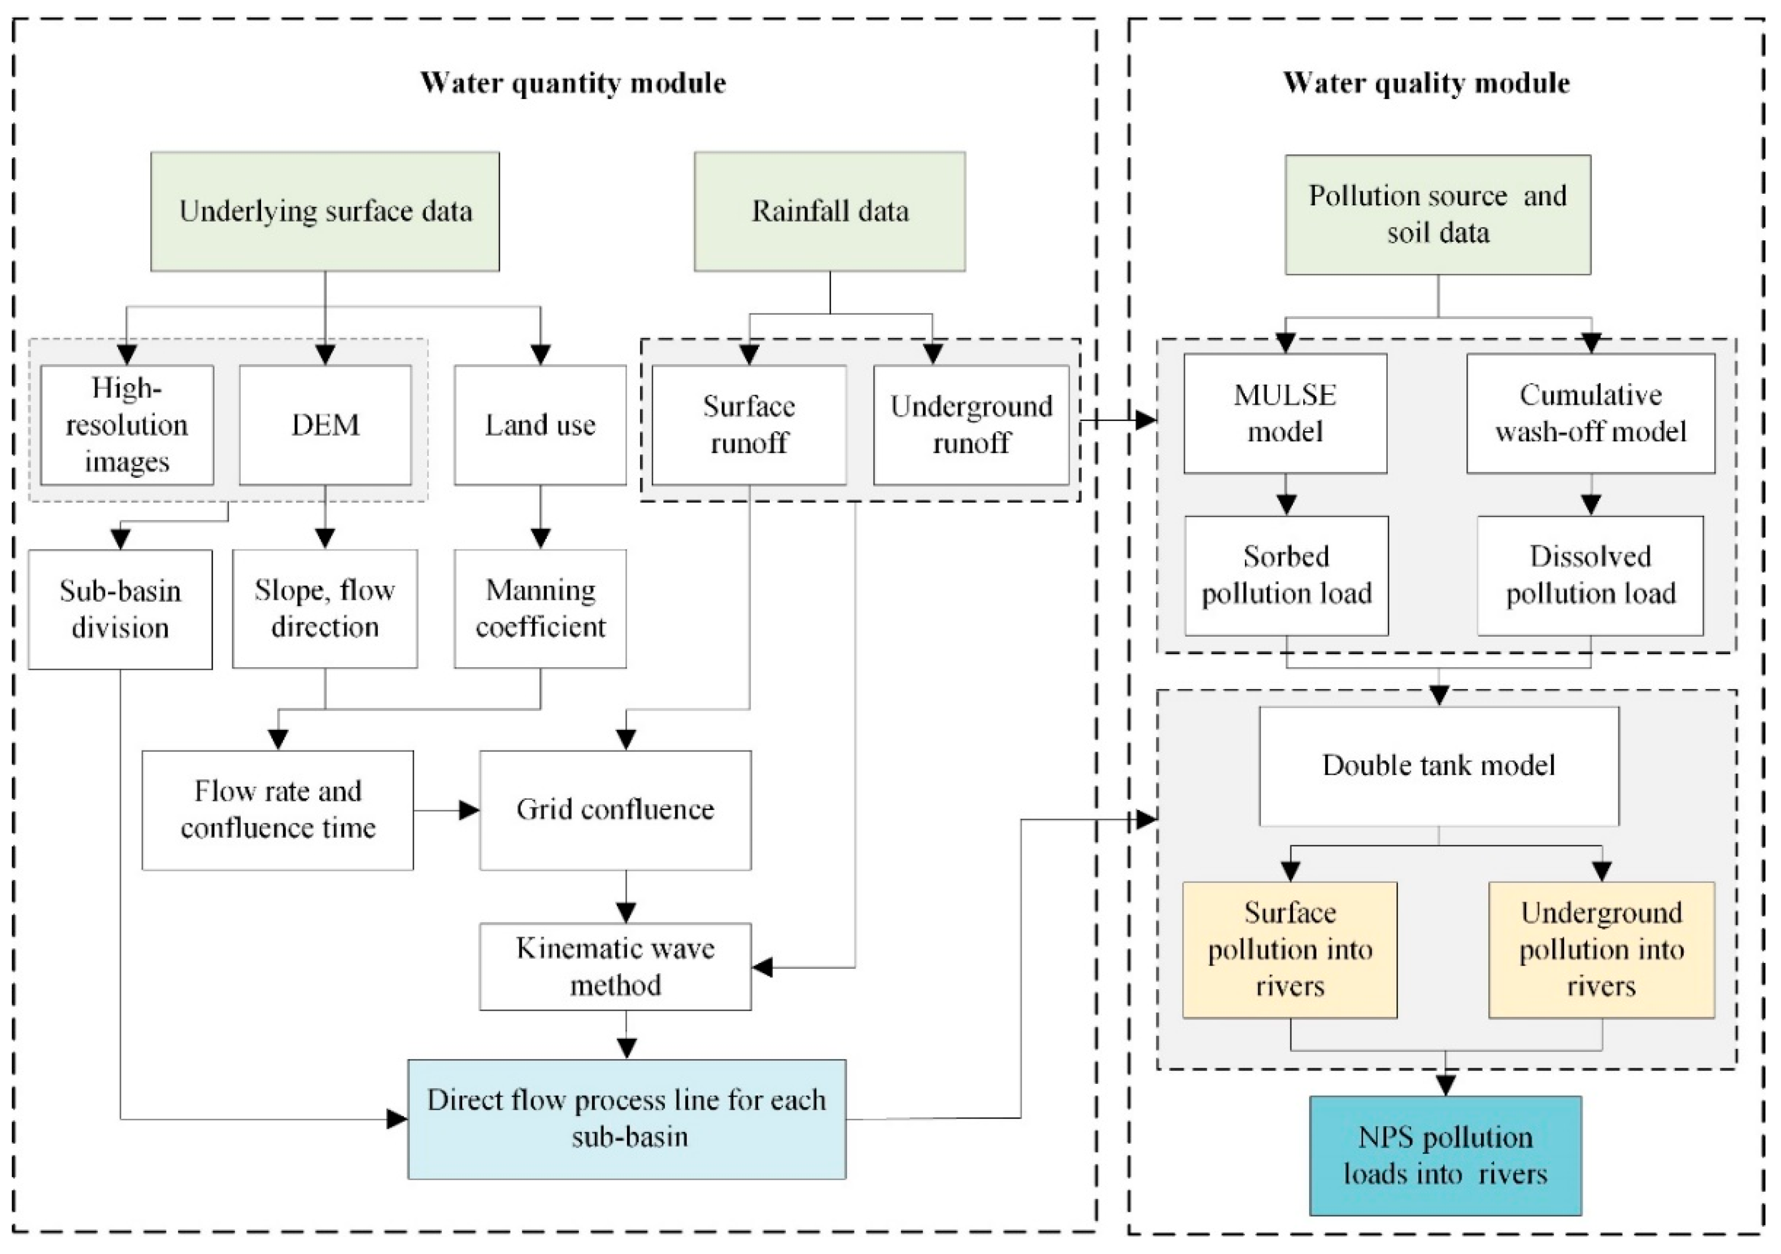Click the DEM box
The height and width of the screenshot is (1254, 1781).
click(x=325, y=425)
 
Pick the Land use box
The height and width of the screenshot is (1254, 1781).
click(x=540, y=425)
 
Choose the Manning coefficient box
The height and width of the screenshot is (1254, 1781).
click(x=540, y=609)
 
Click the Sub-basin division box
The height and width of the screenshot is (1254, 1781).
click(x=120, y=609)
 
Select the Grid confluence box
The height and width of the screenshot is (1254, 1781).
click(x=615, y=809)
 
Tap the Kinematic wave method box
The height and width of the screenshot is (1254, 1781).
click(x=615, y=966)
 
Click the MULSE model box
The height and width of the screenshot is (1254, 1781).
click(x=1285, y=414)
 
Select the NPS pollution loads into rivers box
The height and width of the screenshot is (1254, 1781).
click(x=1445, y=1156)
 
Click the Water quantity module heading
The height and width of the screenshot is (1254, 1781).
click(x=572, y=83)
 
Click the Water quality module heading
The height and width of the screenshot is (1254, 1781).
click(x=1426, y=83)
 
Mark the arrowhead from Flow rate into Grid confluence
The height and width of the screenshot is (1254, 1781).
click(x=469, y=810)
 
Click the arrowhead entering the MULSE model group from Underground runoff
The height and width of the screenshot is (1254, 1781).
click(x=1146, y=420)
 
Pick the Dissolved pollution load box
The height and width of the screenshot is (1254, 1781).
click(x=1590, y=576)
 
